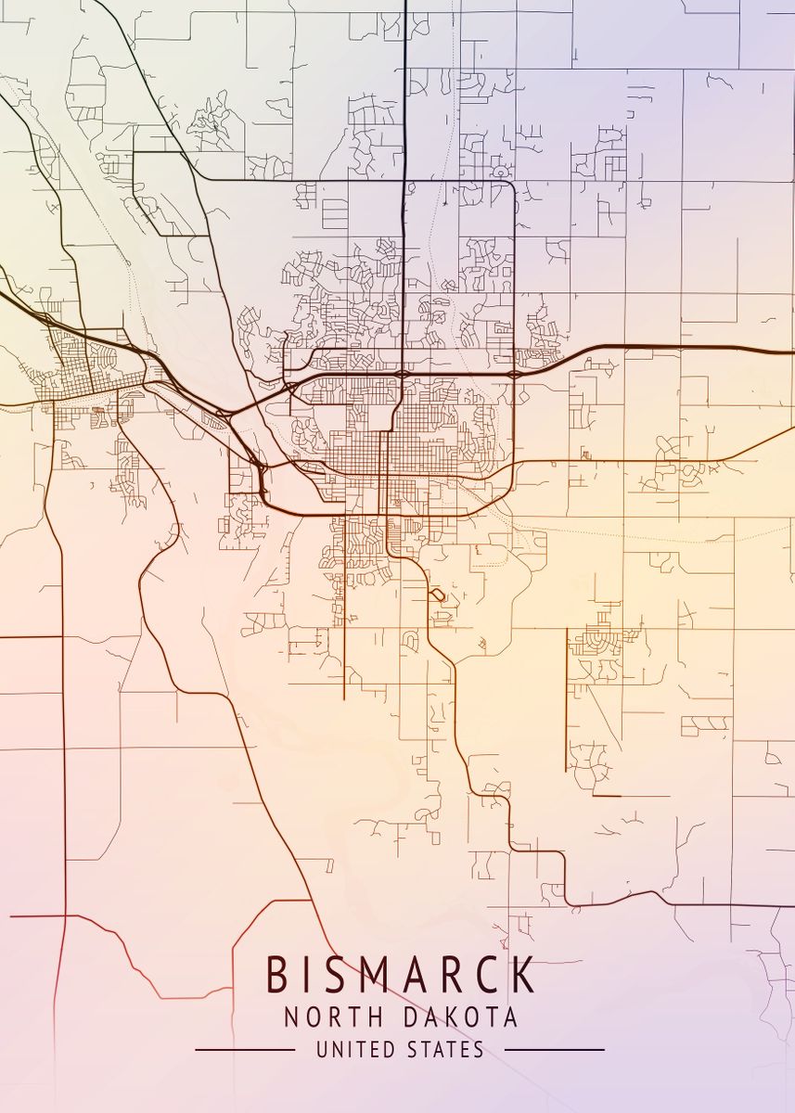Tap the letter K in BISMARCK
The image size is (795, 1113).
click(523, 975)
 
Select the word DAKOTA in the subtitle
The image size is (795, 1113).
click(461, 1017)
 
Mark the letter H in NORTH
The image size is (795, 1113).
click(374, 1017)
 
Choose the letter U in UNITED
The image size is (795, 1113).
click(322, 1050)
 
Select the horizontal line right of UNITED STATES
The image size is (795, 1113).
click(554, 1050)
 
